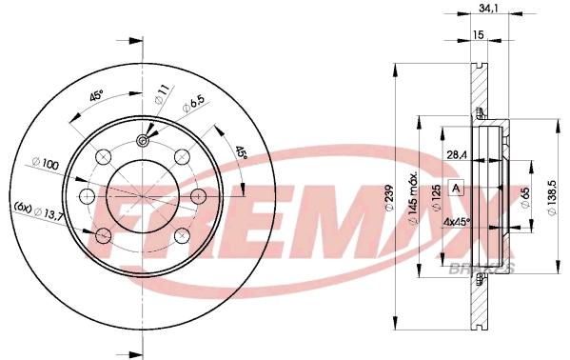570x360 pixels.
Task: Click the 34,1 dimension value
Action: click(487, 7)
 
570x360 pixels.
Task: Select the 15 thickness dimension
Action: click(479, 34)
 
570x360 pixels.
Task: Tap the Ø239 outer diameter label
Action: click(389, 198)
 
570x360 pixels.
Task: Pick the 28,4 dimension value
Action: click(457, 155)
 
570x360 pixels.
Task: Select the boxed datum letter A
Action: click(456, 189)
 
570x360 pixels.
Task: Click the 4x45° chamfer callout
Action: click(458, 221)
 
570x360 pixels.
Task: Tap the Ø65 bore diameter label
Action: click(525, 198)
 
